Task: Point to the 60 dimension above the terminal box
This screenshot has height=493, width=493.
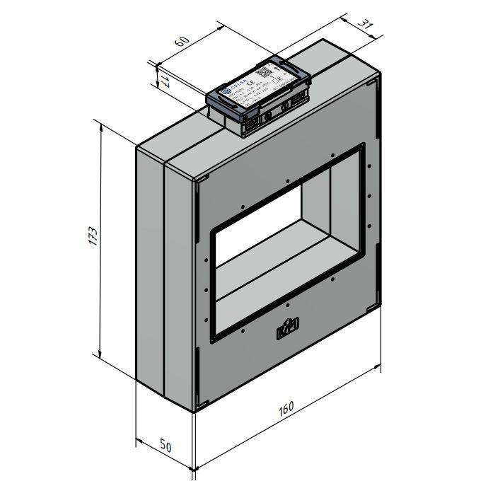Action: pyautogui.click(x=181, y=42)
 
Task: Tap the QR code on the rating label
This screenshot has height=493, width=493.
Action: pyautogui.click(x=263, y=71)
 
